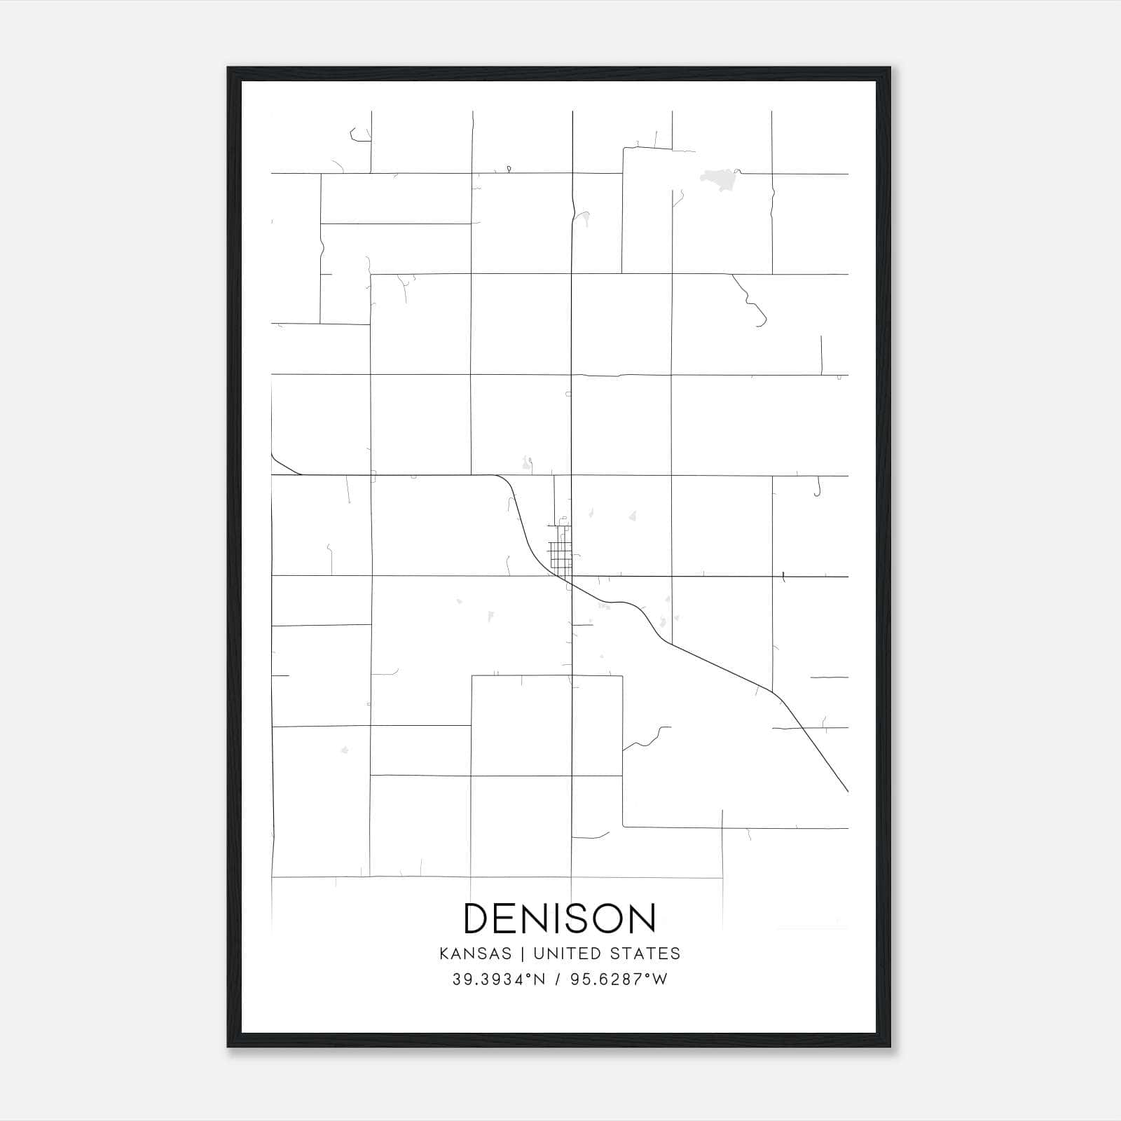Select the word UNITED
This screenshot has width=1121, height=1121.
[567, 954]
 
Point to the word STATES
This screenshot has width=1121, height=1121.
[645, 954]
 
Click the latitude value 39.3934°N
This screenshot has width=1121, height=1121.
[498, 979]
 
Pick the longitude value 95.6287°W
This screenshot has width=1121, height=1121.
[619, 979]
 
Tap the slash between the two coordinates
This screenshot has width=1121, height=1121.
[558, 979]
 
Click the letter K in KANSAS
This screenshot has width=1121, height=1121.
[444, 954]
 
